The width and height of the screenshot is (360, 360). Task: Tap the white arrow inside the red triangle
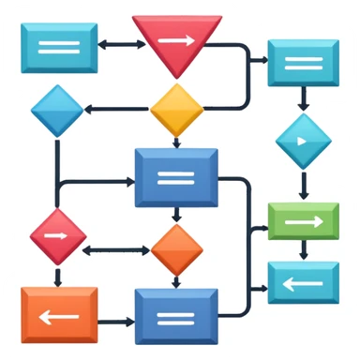[177, 39]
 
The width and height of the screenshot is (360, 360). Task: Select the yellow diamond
[177, 110]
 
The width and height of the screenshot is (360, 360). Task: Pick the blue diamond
[58, 111]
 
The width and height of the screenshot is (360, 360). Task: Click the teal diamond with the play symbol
[302, 141]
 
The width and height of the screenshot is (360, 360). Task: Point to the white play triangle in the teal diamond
[303, 141]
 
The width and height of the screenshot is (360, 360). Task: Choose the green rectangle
[302, 221]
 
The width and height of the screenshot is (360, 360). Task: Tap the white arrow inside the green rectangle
[302, 222]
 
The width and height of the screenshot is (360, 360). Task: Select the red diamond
[58, 235]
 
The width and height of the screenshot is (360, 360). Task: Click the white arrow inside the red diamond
[58, 235]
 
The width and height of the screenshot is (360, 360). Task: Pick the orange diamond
[177, 249]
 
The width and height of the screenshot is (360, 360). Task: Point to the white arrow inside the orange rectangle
[58, 315]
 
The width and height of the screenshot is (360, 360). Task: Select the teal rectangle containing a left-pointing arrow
[302, 281]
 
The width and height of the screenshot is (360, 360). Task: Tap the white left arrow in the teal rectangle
[302, 281]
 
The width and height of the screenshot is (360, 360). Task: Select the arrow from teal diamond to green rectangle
[302, 183]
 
